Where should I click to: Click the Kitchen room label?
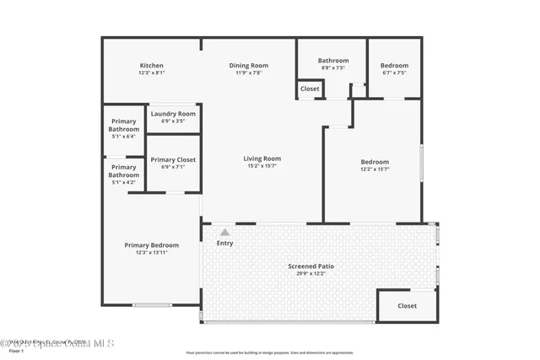[152, 66]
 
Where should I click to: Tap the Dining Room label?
[249, 66]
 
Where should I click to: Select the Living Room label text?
[262, 159]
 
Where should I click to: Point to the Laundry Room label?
[173, 114]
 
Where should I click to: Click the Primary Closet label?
[173, 159]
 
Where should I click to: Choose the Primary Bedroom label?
[152, 245]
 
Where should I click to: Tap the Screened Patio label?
[316, 266]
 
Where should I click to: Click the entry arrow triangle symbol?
[224, 232]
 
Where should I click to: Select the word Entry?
[225, 244]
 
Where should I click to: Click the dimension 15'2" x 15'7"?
[262, 166]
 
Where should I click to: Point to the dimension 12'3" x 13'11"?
[152, 253]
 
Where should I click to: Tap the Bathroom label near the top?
[333, 61]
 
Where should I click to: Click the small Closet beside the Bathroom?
[310, 89]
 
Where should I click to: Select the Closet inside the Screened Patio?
[408, 306]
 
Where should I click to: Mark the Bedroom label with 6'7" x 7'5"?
[394, 66]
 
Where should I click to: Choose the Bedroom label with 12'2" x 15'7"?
[375, 162]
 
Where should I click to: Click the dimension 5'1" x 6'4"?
[123, 137]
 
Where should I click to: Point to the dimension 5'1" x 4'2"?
[123, 182]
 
